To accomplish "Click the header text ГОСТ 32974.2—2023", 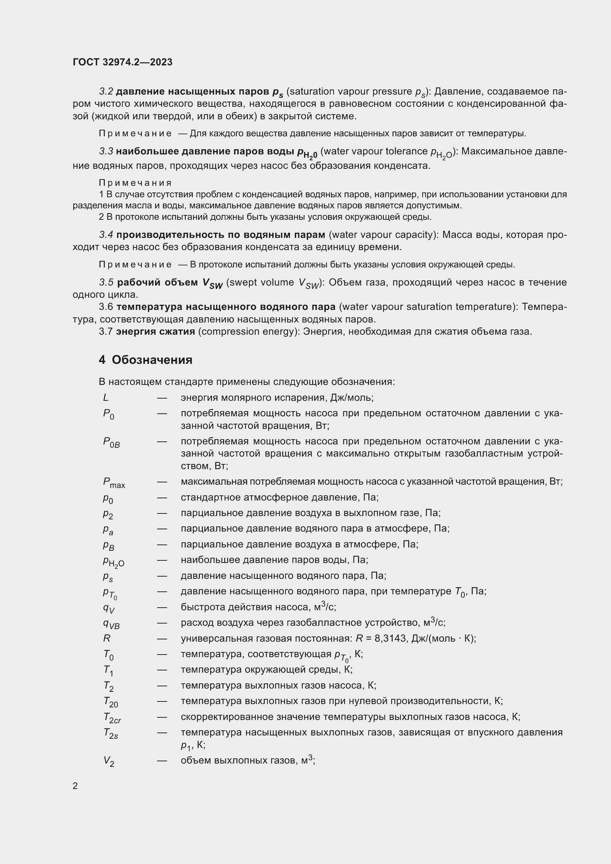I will click(122, 62).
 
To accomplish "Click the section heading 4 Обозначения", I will click(145, 360).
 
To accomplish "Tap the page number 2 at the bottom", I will click(75, 786).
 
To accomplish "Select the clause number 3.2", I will click(106, 92).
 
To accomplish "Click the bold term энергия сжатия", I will click(156, 331).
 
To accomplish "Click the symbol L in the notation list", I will click(106, 398).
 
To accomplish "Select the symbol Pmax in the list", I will click(114, 483).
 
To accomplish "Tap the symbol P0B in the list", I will click(111, 443).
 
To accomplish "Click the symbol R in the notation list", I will click(106, 639).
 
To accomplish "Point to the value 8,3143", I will click(391, 639).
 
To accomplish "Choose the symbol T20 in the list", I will click(110, 702).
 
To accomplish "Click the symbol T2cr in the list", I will click(112, 718).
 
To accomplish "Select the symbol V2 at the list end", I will click(109, 762).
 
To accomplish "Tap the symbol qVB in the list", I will click(111, 624).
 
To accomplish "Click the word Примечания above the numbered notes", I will click(135, 183).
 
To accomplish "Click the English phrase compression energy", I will click(248, 331).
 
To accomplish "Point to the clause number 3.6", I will click(106, 307).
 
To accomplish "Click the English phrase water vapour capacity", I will click(382, 235).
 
